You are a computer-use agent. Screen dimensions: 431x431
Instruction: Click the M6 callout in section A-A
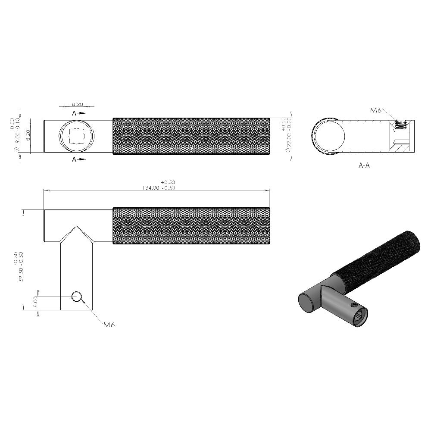376,110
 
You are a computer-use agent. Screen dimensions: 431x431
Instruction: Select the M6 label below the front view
109,325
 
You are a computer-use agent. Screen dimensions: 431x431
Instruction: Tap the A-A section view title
364,165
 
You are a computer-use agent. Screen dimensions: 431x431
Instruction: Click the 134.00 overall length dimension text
158,188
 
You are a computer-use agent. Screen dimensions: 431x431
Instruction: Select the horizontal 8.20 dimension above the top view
78,104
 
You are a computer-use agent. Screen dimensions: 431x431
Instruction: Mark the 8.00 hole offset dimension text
36,301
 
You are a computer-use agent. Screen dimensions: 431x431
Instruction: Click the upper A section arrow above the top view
78,113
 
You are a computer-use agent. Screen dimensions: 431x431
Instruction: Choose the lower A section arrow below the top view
78,159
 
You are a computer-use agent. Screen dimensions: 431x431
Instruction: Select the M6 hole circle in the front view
77,297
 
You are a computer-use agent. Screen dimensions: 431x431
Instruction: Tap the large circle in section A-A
330,136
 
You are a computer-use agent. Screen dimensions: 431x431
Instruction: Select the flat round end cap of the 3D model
307,302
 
